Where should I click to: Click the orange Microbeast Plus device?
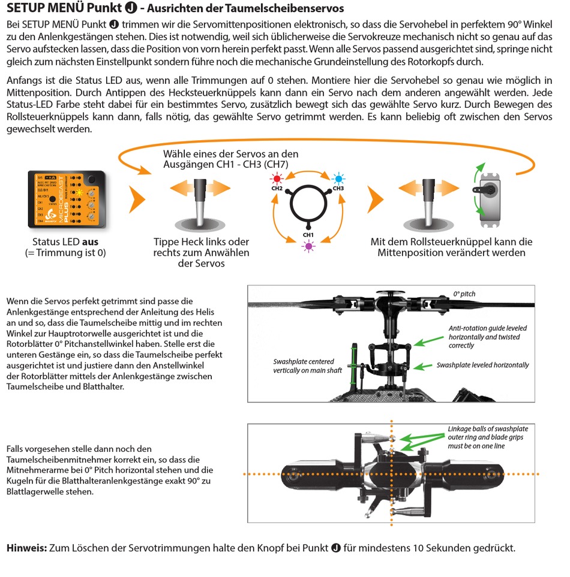[68, 199]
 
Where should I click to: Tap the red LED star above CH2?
[277, 179]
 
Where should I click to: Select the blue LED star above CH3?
[338, 179]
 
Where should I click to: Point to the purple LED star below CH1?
[308, 246]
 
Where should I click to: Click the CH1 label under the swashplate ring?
[308, 234]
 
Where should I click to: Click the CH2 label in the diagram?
[277, 188]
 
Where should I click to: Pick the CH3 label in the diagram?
[338, 188]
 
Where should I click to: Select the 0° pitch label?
[464, 294]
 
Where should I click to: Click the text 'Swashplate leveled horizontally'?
[482, 365]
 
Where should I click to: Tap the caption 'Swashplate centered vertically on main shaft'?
[308, 366]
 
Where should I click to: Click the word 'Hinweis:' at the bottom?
[26, 548]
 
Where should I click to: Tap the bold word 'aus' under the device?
[90, 242]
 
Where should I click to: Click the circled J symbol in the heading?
[127, 10]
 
